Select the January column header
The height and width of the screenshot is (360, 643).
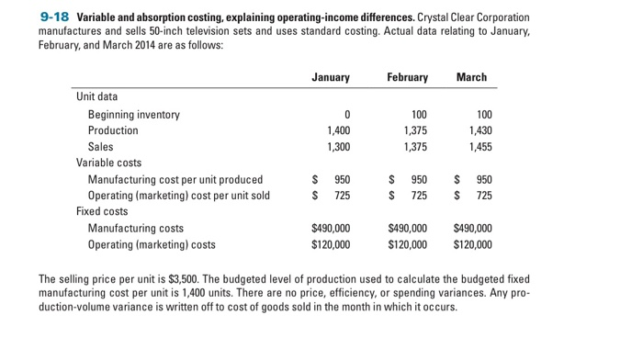coord(331,77)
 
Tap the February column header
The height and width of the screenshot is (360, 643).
coord(407,77)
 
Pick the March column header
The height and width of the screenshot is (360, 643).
coord(471,77)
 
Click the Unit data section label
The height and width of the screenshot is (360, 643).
coord(96,96)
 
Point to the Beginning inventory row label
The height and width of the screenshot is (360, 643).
coord(133,115)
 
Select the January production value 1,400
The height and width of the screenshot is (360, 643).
coord(335,130)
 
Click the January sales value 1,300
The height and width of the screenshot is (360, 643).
coord(335,146)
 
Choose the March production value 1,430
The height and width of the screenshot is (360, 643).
coord(478,130)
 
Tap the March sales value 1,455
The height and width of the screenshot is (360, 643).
coord(478,146)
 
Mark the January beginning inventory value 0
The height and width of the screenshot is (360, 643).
coord(346,115)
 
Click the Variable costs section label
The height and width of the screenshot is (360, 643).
coord(108,163)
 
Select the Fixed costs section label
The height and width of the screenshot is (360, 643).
coord(102,211)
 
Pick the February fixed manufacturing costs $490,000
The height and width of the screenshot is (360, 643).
coord(408,228)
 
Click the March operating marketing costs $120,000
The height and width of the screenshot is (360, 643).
coord(472,244)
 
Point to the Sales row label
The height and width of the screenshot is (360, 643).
coord(100,146)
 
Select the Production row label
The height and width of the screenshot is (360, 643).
coord(112,130)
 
